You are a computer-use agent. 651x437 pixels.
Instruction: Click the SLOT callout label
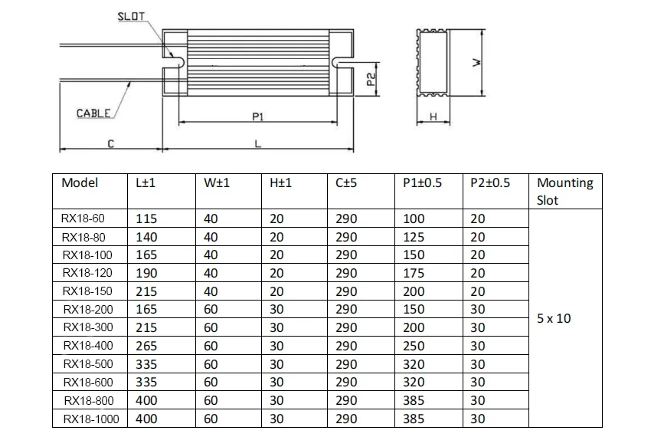pyautogui.click(x=132, y=16)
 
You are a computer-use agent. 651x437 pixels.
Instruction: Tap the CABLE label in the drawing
pyautogui.click(x=93, y=113)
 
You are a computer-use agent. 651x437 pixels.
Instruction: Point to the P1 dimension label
pyautogui.click(x=258, y=116)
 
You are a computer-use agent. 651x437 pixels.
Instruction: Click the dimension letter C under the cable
pyautogui.click(x=110, y=143)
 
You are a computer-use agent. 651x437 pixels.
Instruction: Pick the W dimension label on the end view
pyautogui.click(x=476, y=64)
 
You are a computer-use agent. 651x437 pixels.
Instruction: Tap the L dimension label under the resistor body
pyautogui.click(x=257, y=143)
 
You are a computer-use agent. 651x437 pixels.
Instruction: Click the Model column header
pyautogui.click(x=80, y=183)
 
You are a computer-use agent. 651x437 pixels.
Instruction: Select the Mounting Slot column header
pyautogui.click(x=565, y=192)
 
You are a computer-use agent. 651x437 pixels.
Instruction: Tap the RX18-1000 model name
pyautogui.click(x=91, y=419)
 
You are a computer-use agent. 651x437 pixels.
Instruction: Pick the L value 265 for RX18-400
pyautogui.click(x=146, y=347)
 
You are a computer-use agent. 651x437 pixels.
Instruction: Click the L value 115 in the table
pyautogui.click(x=146, y=219)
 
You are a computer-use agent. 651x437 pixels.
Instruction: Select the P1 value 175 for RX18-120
pyautogui.click(x=414, y=273)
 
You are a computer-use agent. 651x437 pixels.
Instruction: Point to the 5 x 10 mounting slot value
pyautogui.click(x=554, y=318)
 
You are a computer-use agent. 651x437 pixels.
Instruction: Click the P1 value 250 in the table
pyautogui.click(x=414, y=347)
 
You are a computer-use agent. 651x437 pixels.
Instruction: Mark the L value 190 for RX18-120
pyautogui.click(x=146, y=273)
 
